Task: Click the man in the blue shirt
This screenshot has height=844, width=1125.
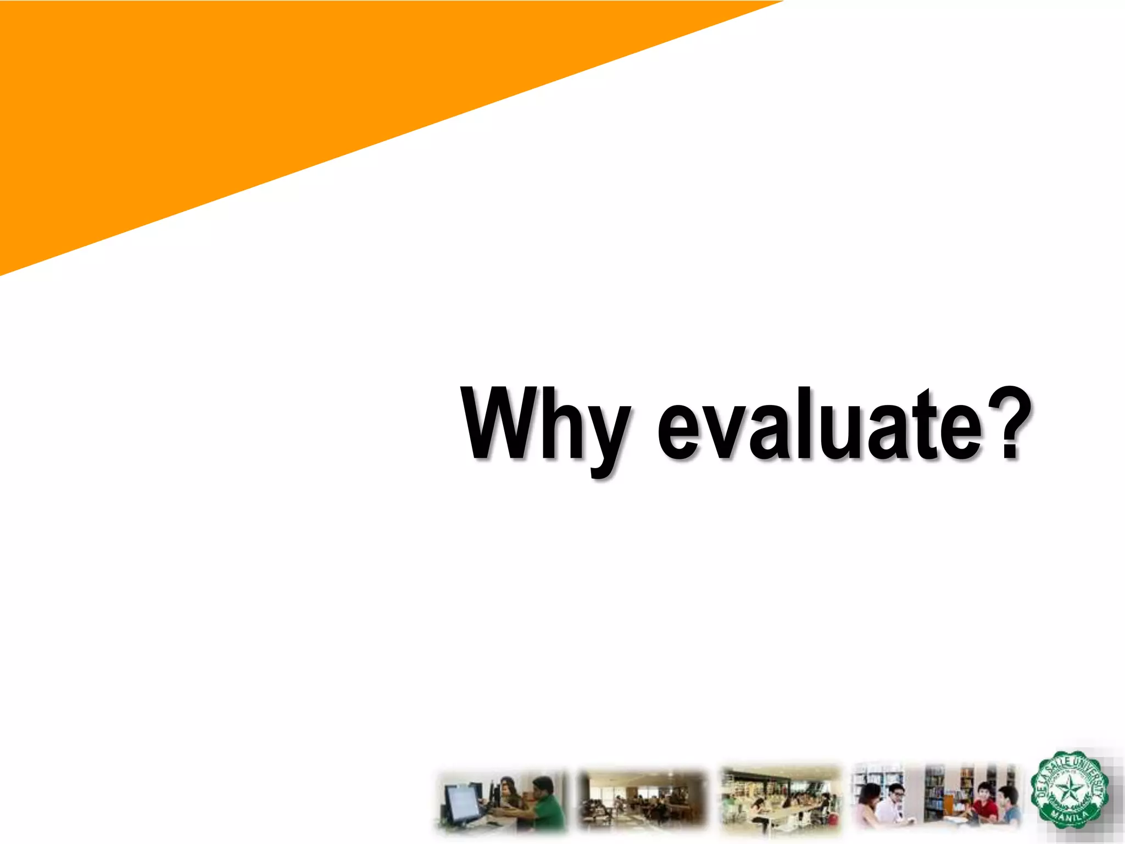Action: coord(1008,806)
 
